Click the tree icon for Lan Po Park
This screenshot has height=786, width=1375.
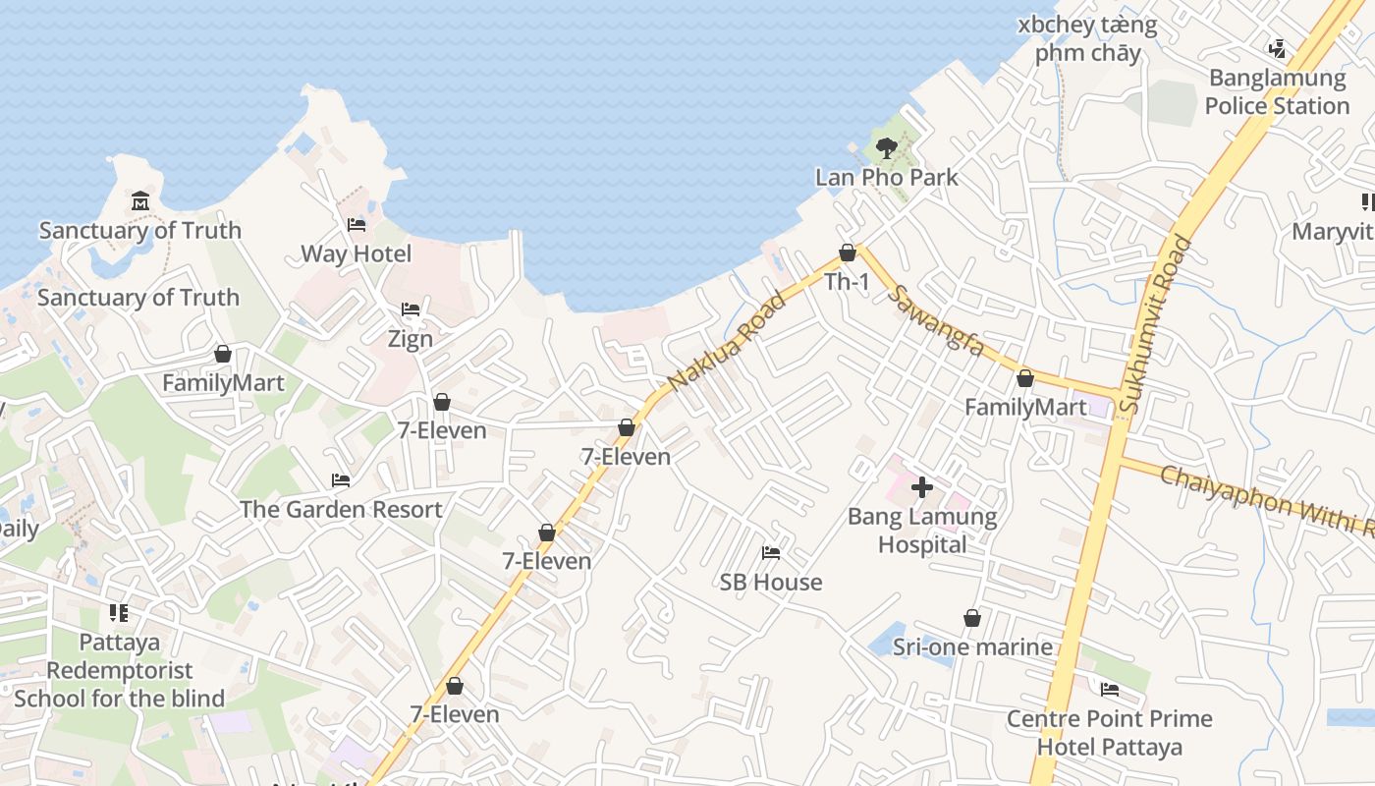pyautogui.click(x=886, y=148)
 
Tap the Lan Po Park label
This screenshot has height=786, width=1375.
pyautogui.click(x=886, y=178)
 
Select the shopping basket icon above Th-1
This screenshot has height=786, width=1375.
pyautogui.click(x=847, y=253)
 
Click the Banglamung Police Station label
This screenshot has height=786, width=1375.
pyautogui.click(x=1277, y=91)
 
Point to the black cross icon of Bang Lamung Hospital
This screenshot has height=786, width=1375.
pyautogui.click(x=921, y=487)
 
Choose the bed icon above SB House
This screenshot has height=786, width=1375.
pyautogui.click(x=771, y=553)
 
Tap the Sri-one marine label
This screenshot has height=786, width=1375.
pyautogui.click(x=972, y=646)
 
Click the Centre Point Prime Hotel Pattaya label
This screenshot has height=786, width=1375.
pyautogui.click(x=1109, y=733)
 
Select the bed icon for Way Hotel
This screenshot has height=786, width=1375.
pyautogui.click(x=357, y=225)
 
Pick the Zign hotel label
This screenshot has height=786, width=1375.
pyautogui.click(x=411, y=339)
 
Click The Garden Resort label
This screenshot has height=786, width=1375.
pyautogui.click(x=341, y=510)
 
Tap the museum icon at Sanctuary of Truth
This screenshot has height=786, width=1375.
pyautogui.click(x=139, y=202)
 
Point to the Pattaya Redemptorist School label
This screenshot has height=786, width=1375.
pyautogui.click(x=119, y=670)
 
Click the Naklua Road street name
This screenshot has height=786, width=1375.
pyautogui.click(x=726, y=341)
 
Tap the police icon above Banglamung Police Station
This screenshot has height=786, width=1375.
pyautogui.click(x=1277, y=48)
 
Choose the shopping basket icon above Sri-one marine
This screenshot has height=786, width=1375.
pyautogui.click(x=971, y=618)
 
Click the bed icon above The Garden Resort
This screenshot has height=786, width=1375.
pyautogui.click(x=341, y=480)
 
